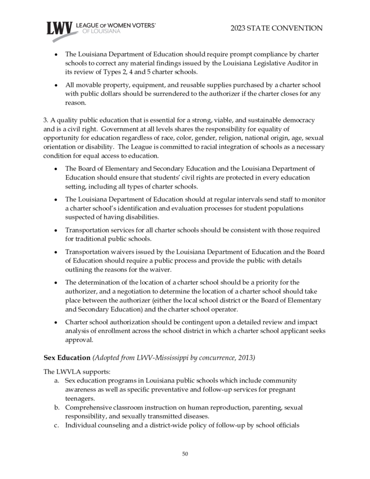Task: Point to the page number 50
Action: (x=185, y=453)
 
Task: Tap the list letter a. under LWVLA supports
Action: (x=57, y=380)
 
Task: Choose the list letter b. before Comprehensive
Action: (x=57, y=407)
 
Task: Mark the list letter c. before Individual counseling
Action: (x=57, y=425)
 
